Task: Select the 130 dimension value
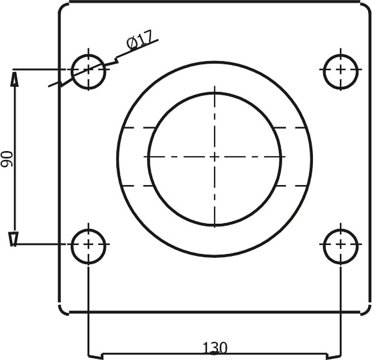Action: tap(215, 348)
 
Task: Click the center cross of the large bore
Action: tap(215, 157)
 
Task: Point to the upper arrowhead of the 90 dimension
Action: tap(14, 80)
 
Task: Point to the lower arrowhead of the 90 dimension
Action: tap(13, 239)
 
